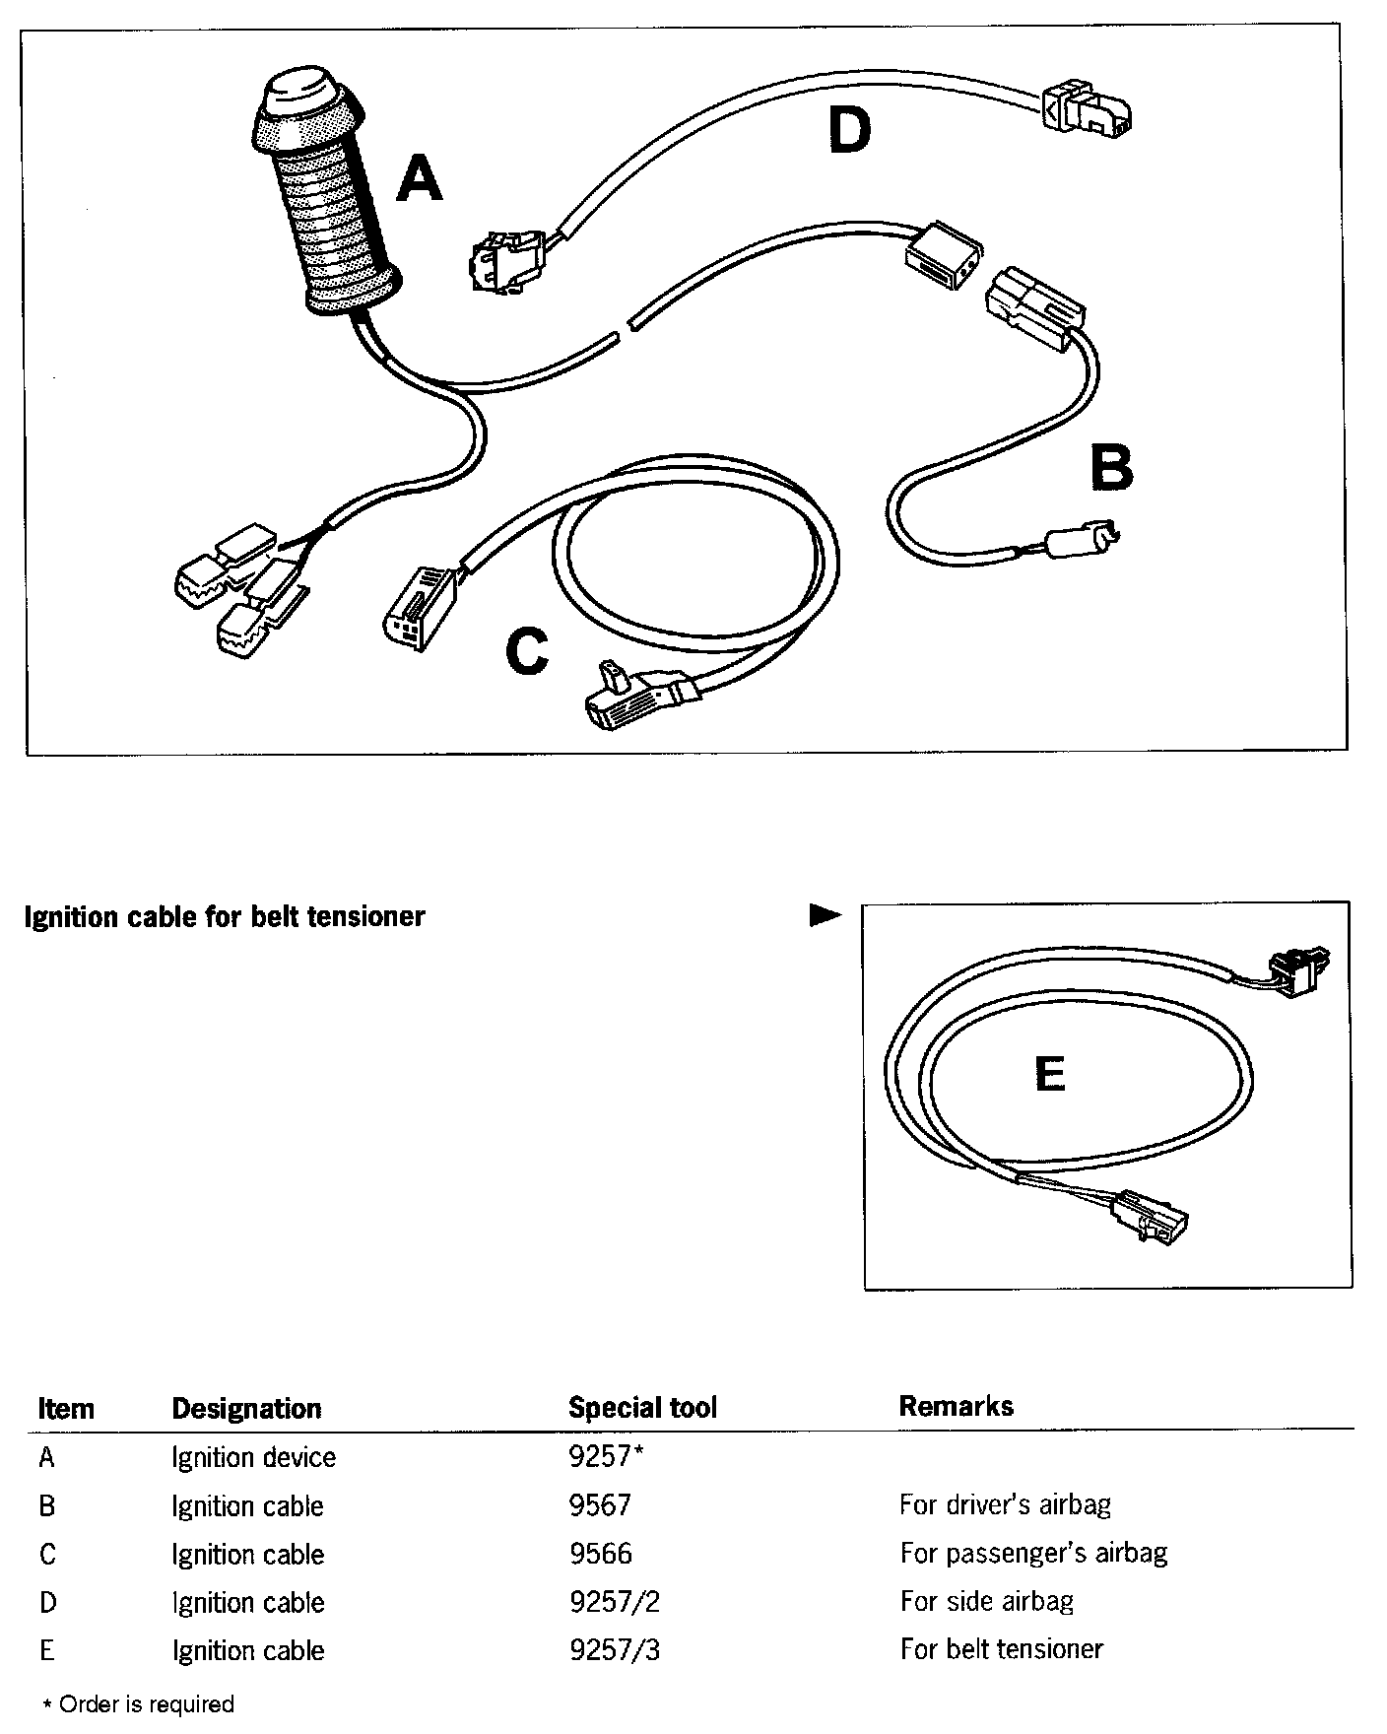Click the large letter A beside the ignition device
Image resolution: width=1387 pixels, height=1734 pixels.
(419, 180)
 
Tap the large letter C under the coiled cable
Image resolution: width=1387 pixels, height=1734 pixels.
(527, 651)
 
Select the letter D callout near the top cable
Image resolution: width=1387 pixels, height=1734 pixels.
(849, 131)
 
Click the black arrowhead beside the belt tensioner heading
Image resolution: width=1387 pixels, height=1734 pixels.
(825, 916)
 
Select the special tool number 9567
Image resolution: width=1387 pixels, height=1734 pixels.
(600, 1505)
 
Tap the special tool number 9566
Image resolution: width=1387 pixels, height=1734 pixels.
(600, 1554)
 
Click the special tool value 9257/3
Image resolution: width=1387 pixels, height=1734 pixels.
(615, 1650)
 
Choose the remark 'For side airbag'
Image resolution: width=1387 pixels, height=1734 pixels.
(986, 1601)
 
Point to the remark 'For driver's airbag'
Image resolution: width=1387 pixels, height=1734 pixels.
(1005, 1504)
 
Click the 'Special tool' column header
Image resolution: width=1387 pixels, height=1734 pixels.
(642, 1408)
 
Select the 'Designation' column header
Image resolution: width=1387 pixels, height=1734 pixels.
(246, 1409)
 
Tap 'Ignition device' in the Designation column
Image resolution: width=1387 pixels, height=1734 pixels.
(253, 1457)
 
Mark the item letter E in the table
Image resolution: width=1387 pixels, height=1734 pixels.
(46, 1650)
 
